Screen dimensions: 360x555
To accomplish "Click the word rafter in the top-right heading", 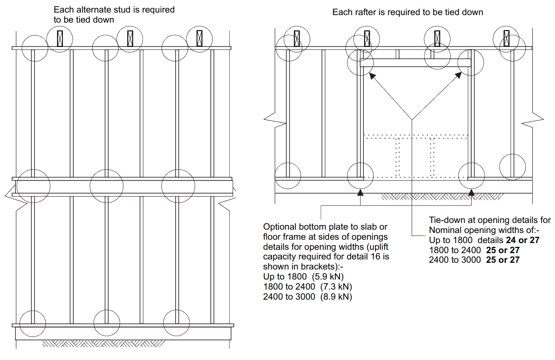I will click(x=365, y=13).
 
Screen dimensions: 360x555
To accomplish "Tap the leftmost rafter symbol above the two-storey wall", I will click(x=60, y=38).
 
